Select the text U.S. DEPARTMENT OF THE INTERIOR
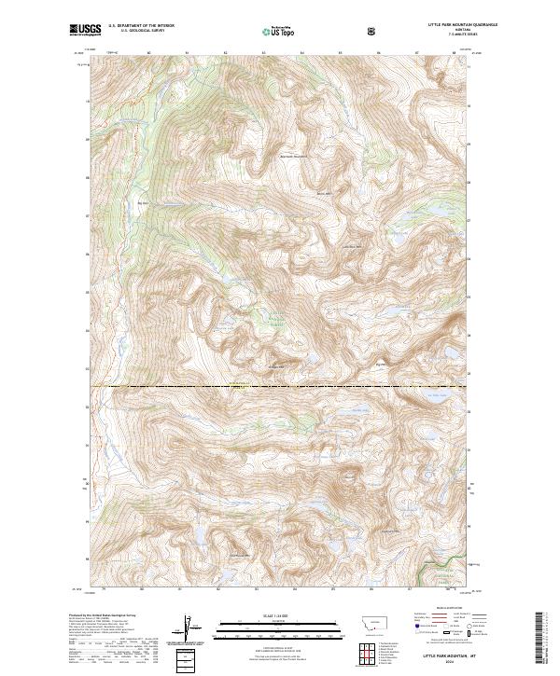click(x=143, y=26)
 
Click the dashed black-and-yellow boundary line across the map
click(x=280, y=385)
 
